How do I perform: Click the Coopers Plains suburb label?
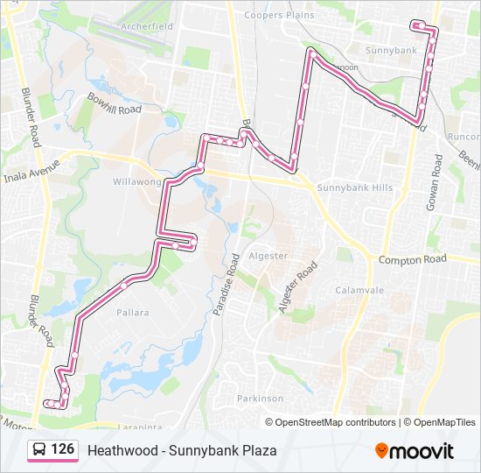pos(277,15)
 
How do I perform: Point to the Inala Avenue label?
pos(31,163)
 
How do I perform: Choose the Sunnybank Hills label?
pos(355,188)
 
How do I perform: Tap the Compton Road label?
pos(412,259)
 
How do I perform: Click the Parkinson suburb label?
pos(260,398)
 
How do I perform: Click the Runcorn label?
pos(464,137)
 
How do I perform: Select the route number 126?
pos(62,449)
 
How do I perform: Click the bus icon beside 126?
pos(39,450)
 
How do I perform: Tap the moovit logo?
pos(415,450)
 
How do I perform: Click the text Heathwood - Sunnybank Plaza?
pos(182,450)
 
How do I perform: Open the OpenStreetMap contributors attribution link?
pos(335,422)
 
